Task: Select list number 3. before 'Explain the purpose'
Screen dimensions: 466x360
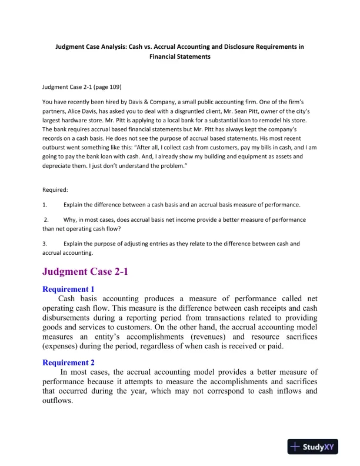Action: tap(45, 243)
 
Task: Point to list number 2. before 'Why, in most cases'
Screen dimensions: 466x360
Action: tap(46, 219)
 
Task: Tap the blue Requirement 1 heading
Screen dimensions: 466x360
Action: tap(69, 289)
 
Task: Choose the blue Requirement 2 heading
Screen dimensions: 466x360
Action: tap(69, 362)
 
